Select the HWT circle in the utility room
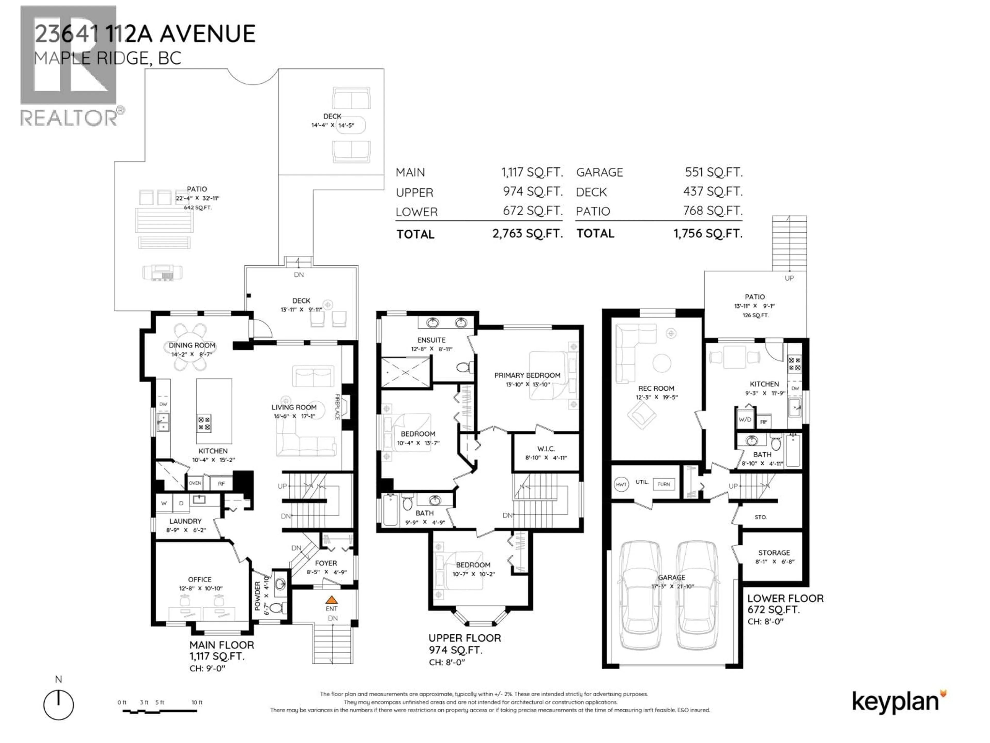621,484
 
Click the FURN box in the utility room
663,484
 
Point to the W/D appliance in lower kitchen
745,420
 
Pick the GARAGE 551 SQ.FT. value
713,172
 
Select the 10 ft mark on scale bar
197,702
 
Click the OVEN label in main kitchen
195,483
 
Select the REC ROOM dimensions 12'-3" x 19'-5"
657,397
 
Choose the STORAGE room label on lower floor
774,553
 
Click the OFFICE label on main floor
200,579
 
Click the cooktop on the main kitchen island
204,423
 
